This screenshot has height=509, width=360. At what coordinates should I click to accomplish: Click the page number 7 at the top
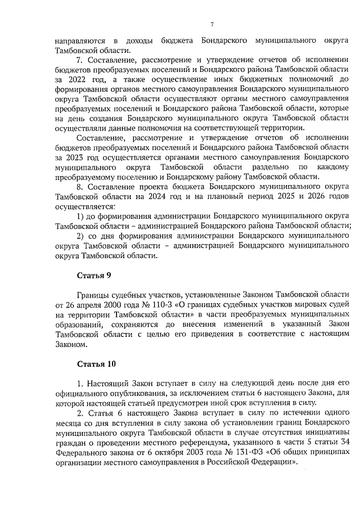(x=211, y=24)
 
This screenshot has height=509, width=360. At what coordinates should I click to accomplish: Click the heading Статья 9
(x=93, y=274)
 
